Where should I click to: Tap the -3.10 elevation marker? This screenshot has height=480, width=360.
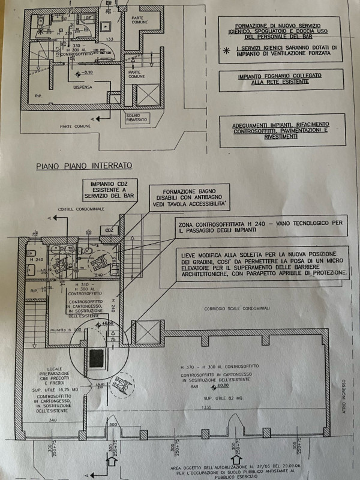(x=88, y=73)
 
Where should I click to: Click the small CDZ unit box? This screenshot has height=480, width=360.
(x=110, y=230)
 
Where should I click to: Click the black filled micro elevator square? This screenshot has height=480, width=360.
(x=97, y=358)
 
